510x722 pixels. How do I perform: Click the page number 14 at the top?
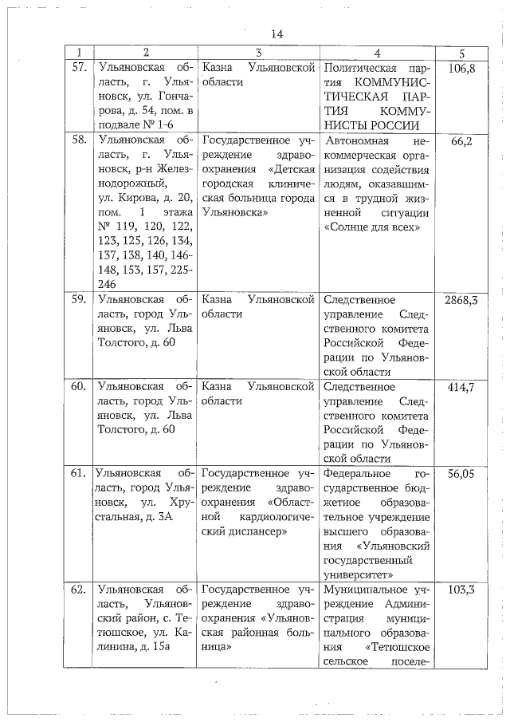[277, 34]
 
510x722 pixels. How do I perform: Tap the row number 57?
[79, 68]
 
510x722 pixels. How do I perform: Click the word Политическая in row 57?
[358, 68]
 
